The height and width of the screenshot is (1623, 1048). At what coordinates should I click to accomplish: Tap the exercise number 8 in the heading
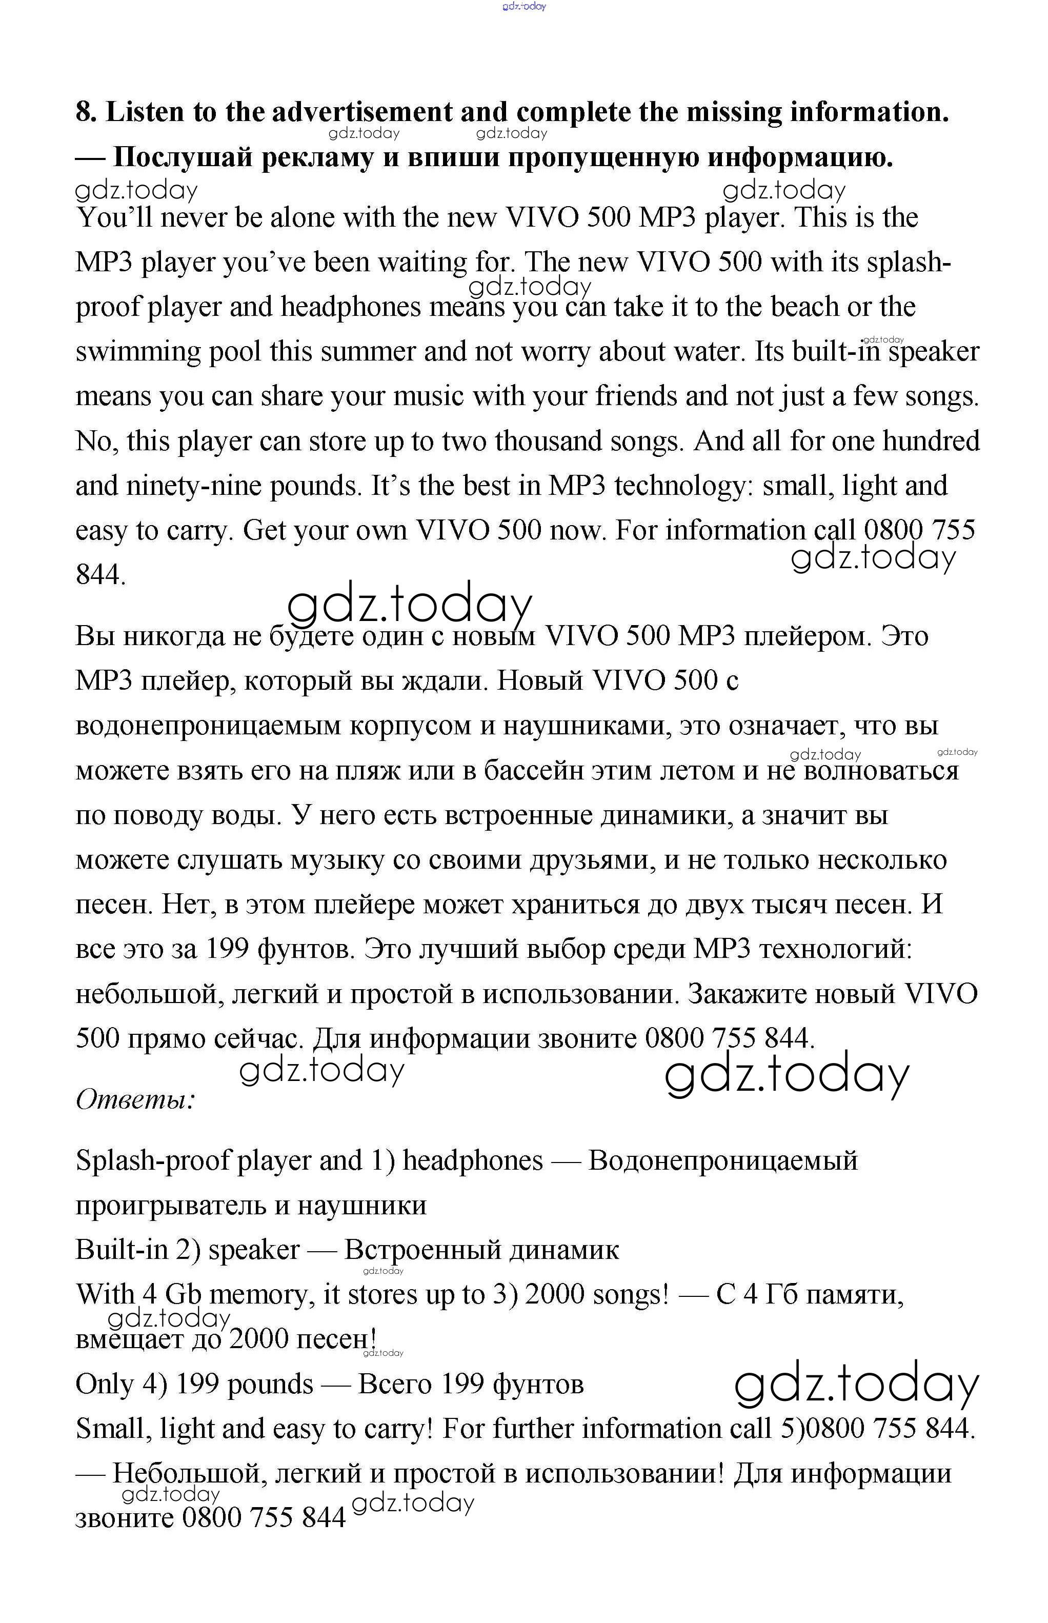tap(86, 112)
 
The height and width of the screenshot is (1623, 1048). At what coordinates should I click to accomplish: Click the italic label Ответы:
tap(135, 1099)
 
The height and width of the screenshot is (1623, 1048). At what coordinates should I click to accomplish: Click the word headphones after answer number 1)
tap(473, 1161)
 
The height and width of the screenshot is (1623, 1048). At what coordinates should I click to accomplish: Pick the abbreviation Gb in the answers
tap(183, 1294)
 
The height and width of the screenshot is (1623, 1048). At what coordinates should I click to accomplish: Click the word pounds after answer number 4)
tap(270, 1384)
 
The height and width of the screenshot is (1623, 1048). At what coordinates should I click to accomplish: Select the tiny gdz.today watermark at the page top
tap(523, 6)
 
